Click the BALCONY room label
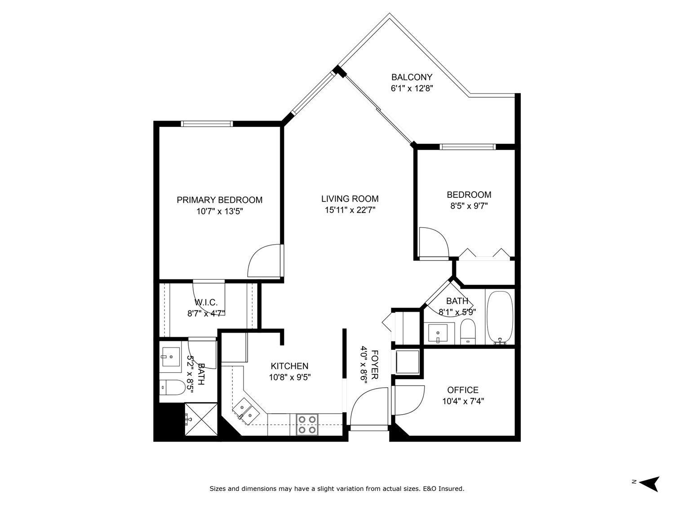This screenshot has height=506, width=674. pyautogui.click(x=412, y=77)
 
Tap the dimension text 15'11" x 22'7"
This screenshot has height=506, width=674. pyautogui.click(x=350, y=210)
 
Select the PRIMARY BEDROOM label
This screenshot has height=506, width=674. pyautogui.click(x=219, y=200)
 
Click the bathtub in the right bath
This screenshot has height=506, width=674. pyautogui.click(x=500, y=317)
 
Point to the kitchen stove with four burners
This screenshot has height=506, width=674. pyautogui.click(x=307, y=424)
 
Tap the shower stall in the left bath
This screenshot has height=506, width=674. pyautogui.click(x=201, y=419)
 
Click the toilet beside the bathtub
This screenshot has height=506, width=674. pyautogui.click(x=468, y=332)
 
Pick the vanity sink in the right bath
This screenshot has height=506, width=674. pyautogui.click(x=439, y=333)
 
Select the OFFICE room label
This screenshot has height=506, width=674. pyautogui.click(x=463, y=390)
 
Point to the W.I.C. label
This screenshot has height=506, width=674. pyautogui.click(x=206, y=302)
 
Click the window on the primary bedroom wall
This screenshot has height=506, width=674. pyautogui.click(x=207, y=124)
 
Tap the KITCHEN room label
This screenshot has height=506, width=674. pyautogui.click(x=289, y=366)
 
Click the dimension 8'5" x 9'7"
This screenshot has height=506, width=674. pyautogui.click(x=469, y=206)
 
